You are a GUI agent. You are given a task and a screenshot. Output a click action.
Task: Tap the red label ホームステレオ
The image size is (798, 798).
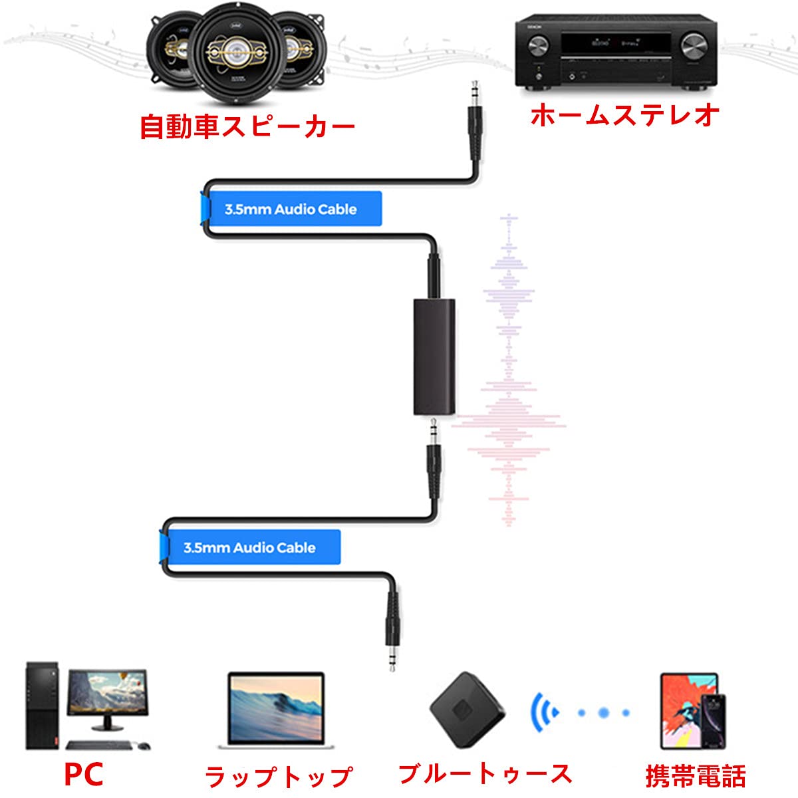(624, 114)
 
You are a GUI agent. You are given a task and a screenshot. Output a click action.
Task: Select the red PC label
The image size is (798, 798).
(84, 773)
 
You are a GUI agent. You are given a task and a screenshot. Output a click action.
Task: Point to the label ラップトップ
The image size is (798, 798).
(278, 775)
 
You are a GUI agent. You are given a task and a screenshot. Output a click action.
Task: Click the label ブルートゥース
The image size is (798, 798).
(485, 773)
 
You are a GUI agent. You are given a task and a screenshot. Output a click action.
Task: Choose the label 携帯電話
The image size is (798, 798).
(695, 775)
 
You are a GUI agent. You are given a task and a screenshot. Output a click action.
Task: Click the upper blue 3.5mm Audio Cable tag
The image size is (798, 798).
(291, 209)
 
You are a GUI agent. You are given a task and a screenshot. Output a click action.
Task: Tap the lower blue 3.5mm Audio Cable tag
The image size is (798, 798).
(250, 548)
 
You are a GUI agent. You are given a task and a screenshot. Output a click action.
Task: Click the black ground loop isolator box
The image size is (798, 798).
(434, 356)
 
